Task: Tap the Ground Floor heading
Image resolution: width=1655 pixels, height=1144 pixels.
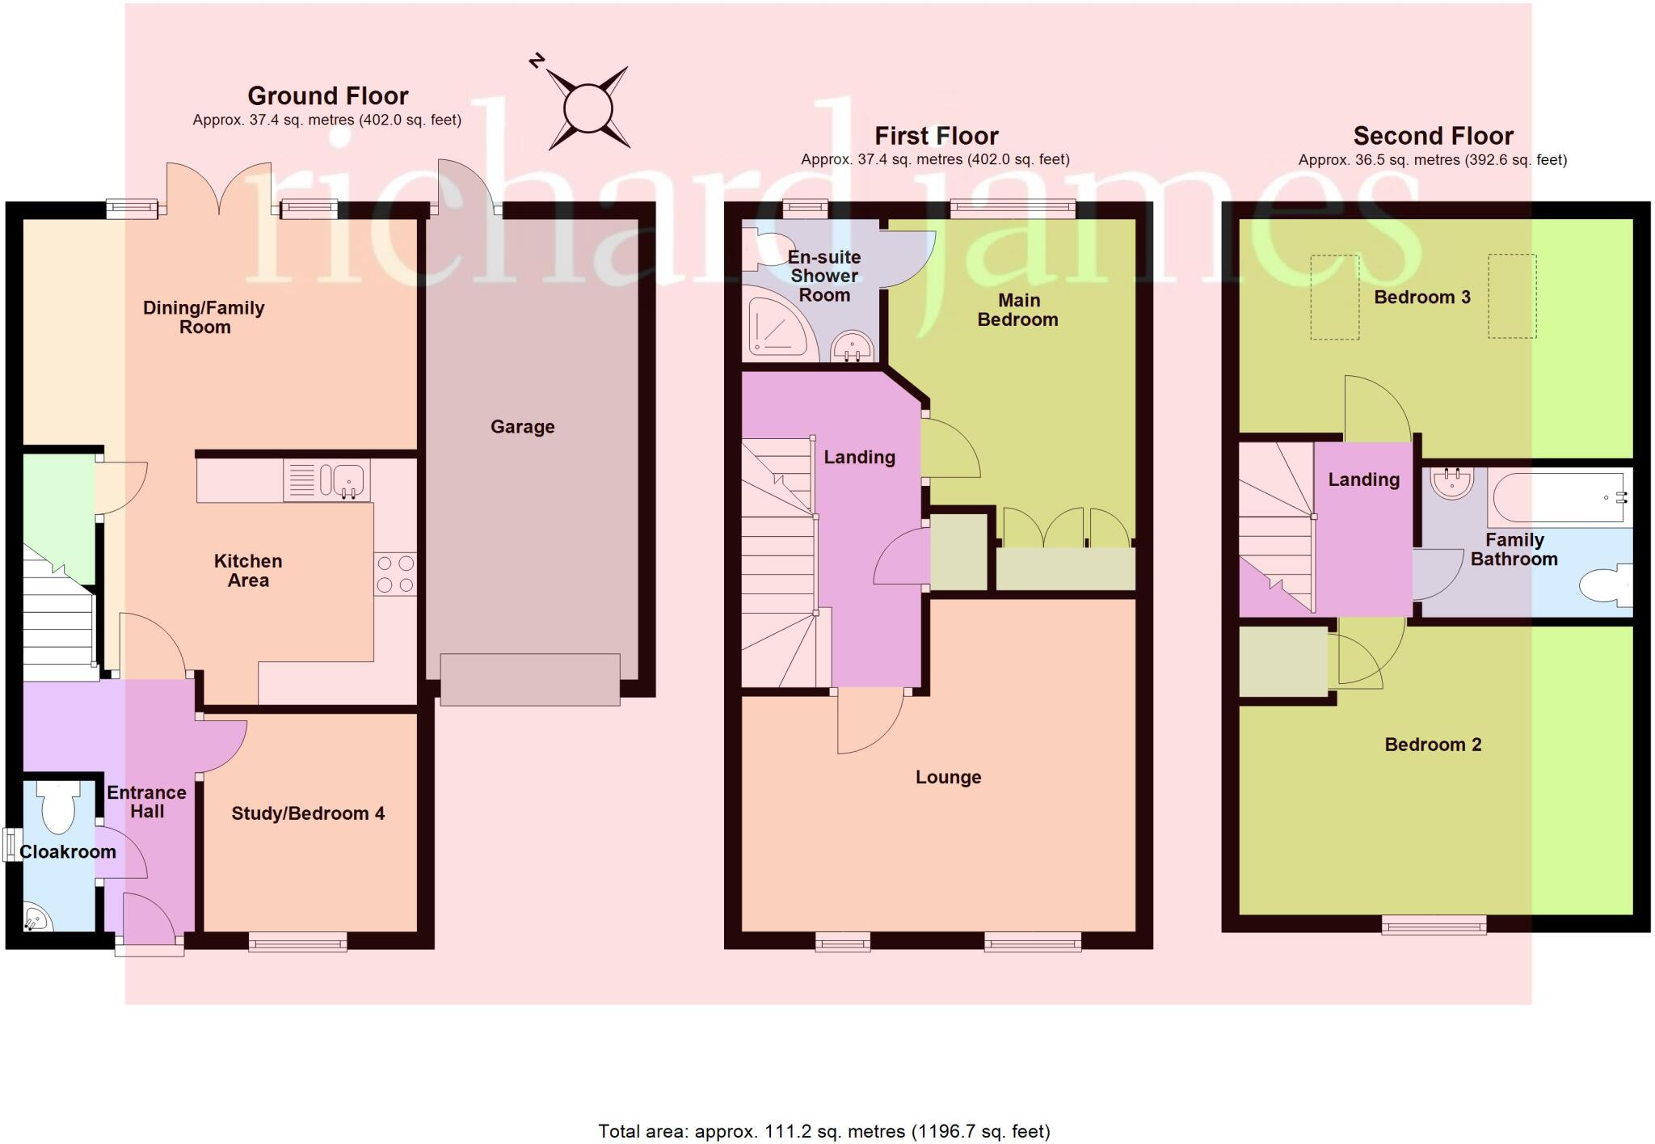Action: click(x=327, y=96)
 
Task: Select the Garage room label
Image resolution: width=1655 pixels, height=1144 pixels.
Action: click(x=522, y=427)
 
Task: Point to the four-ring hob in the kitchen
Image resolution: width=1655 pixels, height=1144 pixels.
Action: click(x=395, y=574)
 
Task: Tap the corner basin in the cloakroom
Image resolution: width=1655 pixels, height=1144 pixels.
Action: click(x=36, y=918)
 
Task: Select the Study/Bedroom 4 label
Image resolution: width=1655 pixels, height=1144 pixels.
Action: click(x=308, y=813)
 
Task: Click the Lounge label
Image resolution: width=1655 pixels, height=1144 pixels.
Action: click(x=948, y=777)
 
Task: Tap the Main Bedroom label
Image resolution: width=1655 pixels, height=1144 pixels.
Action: click(x=1018, y=310)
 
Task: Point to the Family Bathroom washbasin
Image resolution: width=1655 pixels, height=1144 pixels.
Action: click(x=1451, y=483)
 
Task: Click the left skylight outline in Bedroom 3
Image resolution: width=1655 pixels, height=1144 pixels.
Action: click(x=1334, y=297)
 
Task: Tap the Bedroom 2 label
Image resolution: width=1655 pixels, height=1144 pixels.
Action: click(x=1433, y=745)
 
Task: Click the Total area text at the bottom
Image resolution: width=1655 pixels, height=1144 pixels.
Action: click(x=823, y=1131)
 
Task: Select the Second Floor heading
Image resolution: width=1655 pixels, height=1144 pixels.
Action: click(x=1433, y=136)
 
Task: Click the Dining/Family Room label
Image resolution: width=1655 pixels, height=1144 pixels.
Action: click(x=204, y=317)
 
